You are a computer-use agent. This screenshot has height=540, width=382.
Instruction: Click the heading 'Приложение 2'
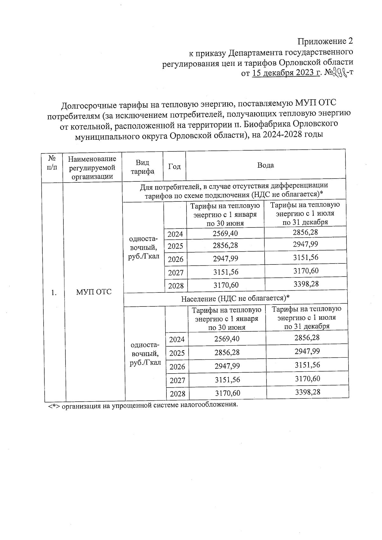[x=325, y=41]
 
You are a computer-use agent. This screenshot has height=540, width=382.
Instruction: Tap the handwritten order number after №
[x=340, y=73]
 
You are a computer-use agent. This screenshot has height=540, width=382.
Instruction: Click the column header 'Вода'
[x=265, y=165]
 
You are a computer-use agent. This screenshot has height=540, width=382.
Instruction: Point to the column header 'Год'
[x=174, y=166]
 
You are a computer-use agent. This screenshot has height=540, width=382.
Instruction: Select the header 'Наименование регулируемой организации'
[x=92, y=167]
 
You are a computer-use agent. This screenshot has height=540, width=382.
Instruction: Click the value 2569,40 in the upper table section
[x=225, y=234]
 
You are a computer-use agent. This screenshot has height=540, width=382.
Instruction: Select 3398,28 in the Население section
[x=307, y=392]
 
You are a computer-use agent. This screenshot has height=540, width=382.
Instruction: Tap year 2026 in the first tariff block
[x=175, y=259]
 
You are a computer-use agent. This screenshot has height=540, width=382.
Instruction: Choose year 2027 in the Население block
[x=177, y=380]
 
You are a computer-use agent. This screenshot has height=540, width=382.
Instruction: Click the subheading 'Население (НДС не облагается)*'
[x=235, y=298]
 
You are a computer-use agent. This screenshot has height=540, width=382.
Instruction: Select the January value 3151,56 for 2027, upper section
[x=226, y=272]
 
